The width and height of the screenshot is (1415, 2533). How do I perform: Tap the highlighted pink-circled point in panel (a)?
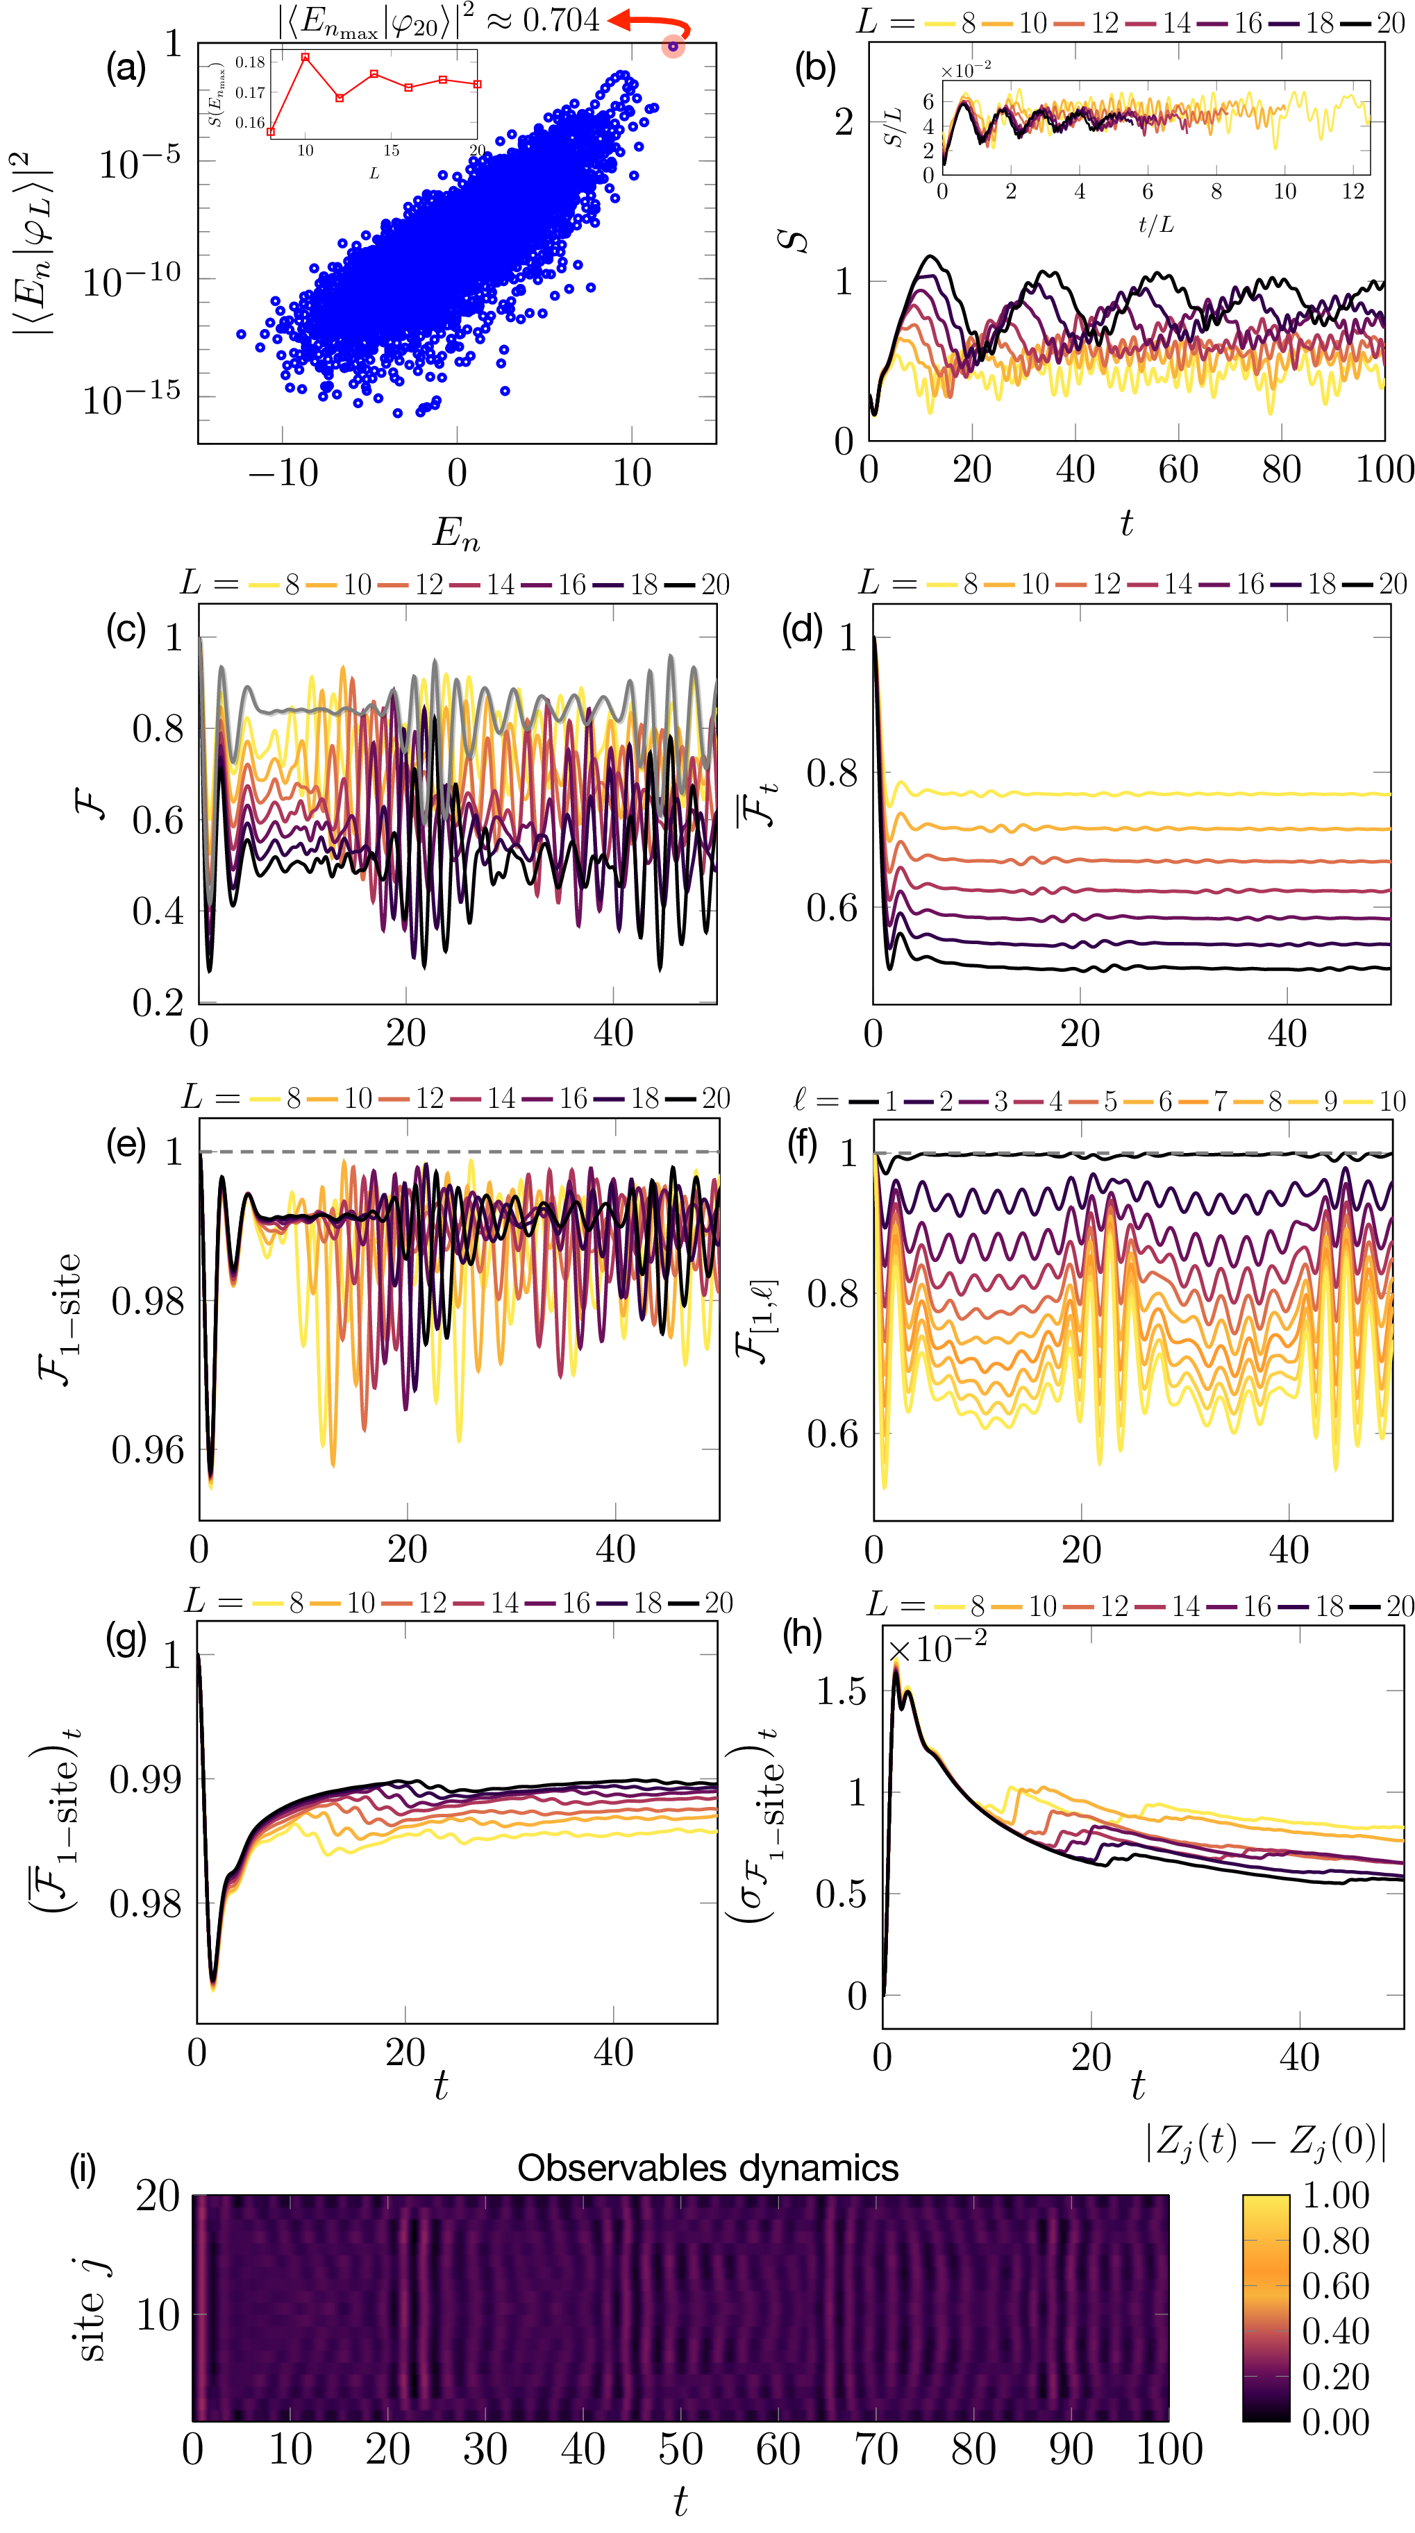(x=673, y=47)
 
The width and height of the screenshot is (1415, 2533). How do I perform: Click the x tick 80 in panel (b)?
(x=1281, y=470)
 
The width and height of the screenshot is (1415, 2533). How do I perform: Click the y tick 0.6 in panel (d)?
(x=832, y=907)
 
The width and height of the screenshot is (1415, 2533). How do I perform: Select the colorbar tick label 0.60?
(x=1335, y=2286)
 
